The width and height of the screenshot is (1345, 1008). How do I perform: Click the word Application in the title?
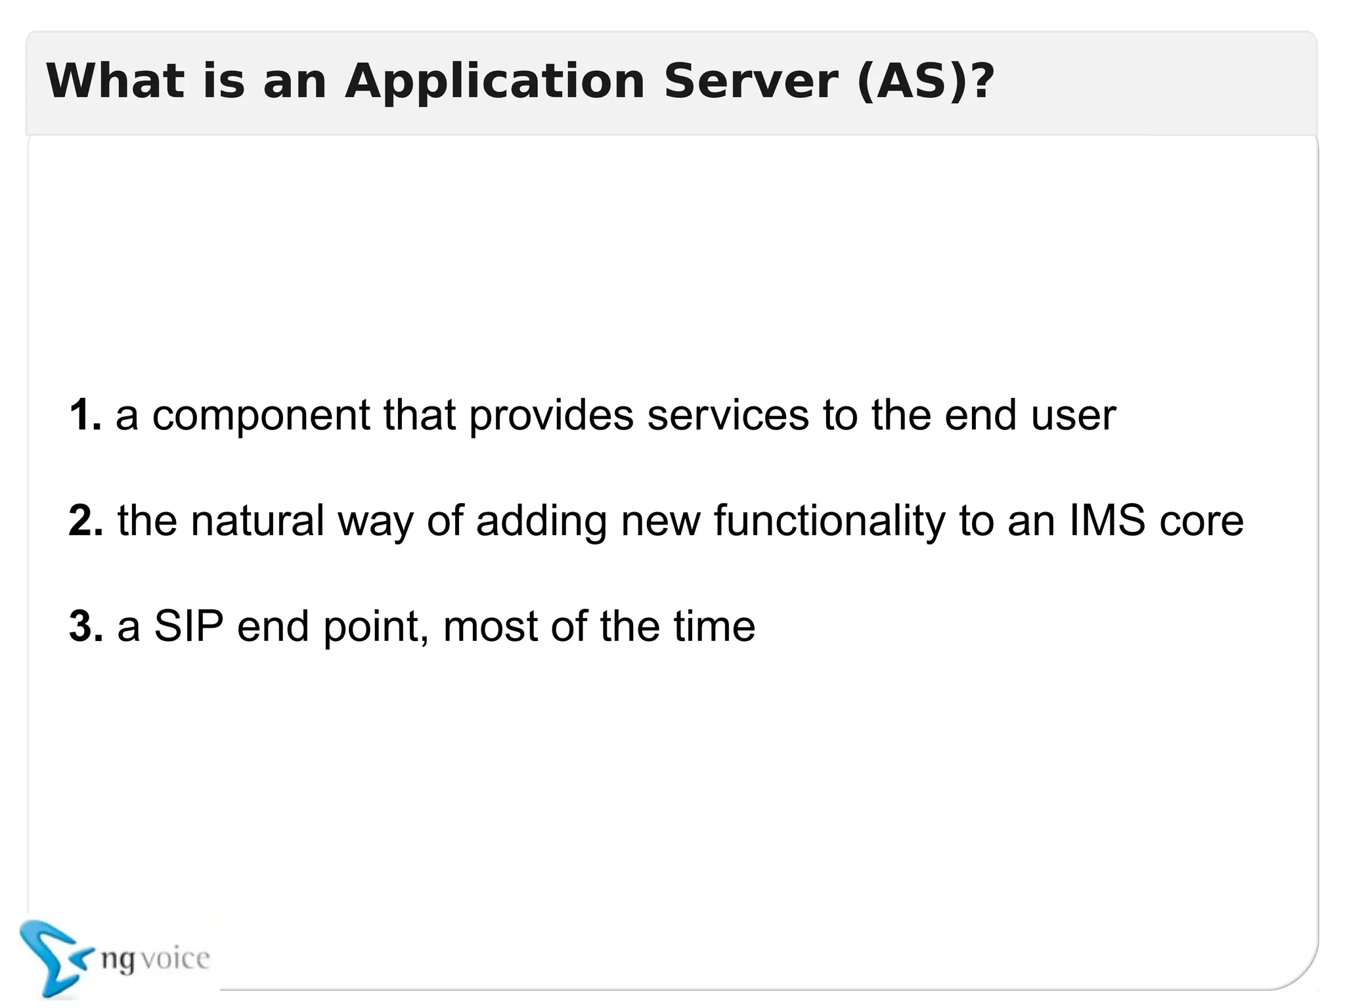(495, 81)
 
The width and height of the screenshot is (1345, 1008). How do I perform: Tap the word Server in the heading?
(750, 81)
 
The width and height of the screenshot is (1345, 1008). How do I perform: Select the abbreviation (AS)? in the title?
(926, 81)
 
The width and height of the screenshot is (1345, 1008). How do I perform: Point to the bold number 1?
(85, 415)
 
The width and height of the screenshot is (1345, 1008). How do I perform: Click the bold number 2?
(86, 521)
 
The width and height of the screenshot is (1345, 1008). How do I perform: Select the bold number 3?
(86, 626)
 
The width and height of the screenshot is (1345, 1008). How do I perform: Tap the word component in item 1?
(261, 416)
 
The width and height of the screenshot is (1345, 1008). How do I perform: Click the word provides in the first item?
(552, 416)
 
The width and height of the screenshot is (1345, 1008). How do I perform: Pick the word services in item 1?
(728, 415)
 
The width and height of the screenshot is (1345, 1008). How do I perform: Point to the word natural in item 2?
(257, 521)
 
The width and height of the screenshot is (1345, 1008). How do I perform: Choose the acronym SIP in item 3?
(188, 626)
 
